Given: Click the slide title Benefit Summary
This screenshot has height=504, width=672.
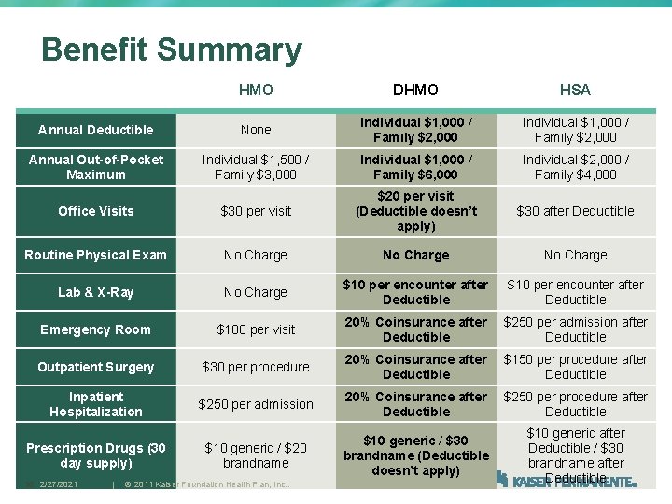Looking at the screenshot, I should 172,49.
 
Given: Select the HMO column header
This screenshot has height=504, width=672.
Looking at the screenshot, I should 256,90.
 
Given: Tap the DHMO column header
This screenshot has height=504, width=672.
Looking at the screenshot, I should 415,90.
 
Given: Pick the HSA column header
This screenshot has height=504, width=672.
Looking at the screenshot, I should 575,90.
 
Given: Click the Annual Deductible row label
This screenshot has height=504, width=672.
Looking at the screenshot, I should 96,130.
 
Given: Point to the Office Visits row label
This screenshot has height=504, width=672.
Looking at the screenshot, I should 96,211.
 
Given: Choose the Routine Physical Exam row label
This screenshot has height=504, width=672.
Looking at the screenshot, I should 96,255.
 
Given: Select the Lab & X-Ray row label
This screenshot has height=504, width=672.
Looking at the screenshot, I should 96,292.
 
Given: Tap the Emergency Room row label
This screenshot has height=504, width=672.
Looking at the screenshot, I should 96,329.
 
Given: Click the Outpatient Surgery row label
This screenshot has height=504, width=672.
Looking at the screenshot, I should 96,367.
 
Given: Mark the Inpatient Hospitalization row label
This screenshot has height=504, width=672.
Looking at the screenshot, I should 96,404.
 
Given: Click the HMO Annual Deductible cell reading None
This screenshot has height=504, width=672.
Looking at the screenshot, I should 256,130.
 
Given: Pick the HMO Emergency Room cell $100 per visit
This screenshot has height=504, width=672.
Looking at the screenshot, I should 256,329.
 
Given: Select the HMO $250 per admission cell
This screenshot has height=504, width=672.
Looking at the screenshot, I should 256,404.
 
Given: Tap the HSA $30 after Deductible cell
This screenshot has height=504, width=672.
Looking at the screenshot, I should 575,211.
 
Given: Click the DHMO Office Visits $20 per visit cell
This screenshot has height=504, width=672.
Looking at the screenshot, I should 415,211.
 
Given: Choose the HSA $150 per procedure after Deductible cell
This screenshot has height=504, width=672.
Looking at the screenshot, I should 575,367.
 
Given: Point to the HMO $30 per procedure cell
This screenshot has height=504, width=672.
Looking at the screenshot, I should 256,367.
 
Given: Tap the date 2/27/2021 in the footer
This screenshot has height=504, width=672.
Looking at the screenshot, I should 59,484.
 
